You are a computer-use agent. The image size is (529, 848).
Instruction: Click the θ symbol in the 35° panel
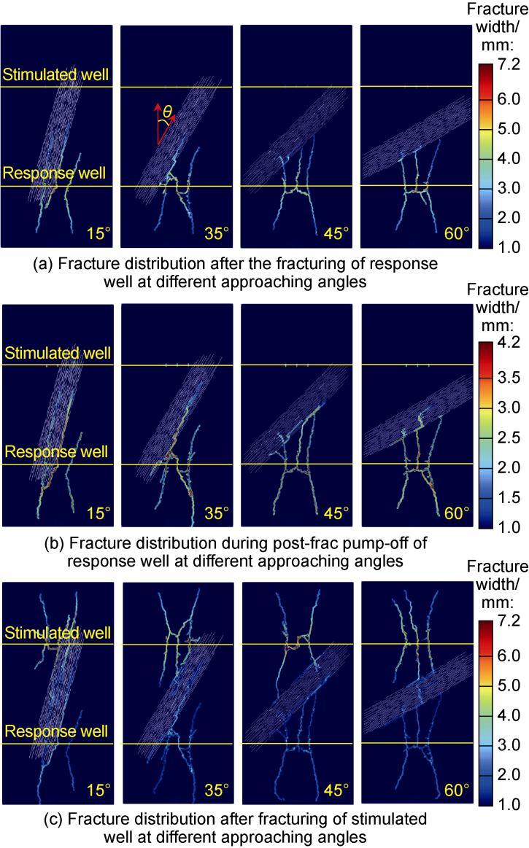tap(167, 112)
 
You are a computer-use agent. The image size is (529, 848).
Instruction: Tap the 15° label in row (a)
tap(98, 234)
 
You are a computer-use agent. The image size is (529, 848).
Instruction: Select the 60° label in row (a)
tap(457, 234)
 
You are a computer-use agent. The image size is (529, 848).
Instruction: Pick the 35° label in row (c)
tap(217, 790)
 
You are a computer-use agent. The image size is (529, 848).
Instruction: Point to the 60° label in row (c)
tap(457, 790)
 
